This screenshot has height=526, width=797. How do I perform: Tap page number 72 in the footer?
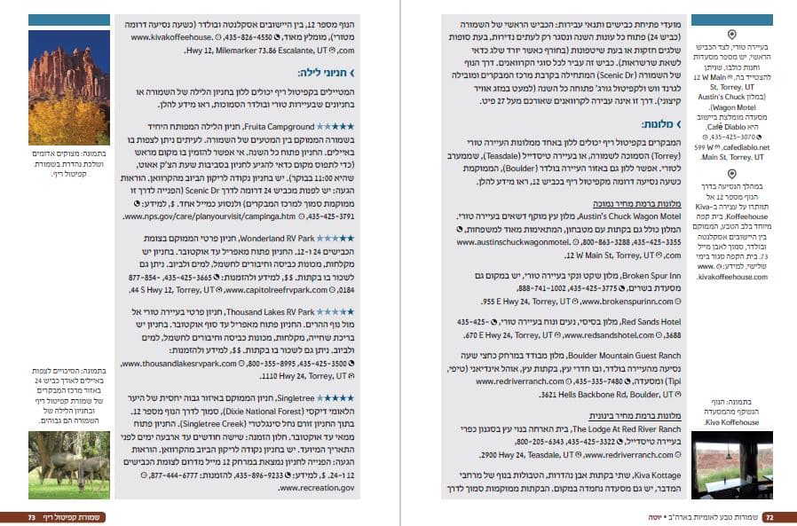(x=769, y=516)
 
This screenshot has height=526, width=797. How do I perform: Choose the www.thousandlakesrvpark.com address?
(x=178, y=364)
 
